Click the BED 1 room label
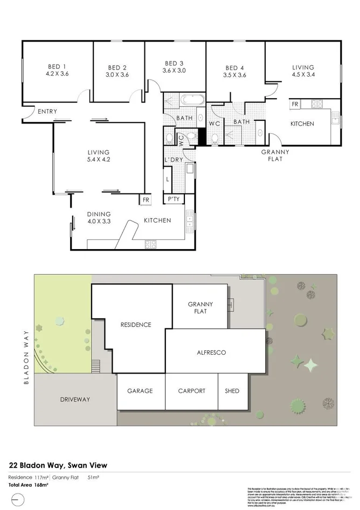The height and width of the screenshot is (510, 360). pyautogui.click(x=58, y=67)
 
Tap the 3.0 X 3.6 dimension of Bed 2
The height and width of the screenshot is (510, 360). pyautogui.click(x=117, y=75)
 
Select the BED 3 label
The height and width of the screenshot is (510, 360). pyautogui.click(x=174, y=63)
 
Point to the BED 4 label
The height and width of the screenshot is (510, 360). pyautogui.click(x=235, y=68)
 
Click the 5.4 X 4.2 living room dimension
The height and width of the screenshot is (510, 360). pyautogui.click(x=99, y=160)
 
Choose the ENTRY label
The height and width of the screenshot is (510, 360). pyautogui.click(x=47, y=112)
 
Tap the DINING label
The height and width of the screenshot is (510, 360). pyautogui.click(x=99, y=214)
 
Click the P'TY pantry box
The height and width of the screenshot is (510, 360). pyautogui.click(x=174, y=199)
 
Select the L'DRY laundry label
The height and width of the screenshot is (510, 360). pyautogui.click(x=174, y=161)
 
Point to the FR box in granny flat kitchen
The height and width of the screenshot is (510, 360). pyautogui.click(x=295, y=104)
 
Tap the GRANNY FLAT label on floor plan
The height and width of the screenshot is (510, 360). pyautogui.click(x=275, y=155)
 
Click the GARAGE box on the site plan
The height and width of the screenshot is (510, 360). pyautogui.click(x=140, y=391)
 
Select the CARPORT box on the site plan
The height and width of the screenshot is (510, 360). pyautogui.click(x=191, y=391)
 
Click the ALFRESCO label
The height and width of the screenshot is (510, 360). pyautogui.click(x=215, y=353)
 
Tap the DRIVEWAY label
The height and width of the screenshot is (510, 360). pyautogui.click(x=75, y=399)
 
